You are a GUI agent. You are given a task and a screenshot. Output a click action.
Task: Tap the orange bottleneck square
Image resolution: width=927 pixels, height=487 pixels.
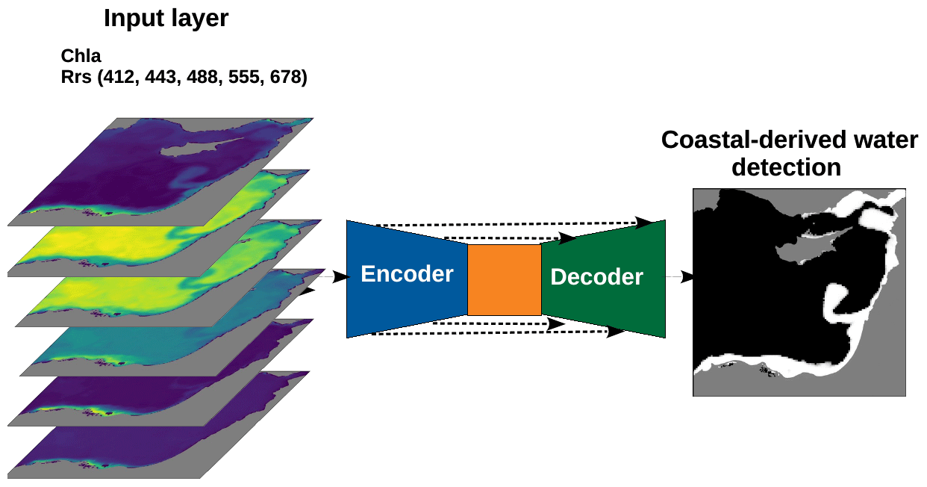(x=505, y=279)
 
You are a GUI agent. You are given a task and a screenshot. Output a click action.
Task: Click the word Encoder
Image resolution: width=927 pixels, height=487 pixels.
(x=407, y=274)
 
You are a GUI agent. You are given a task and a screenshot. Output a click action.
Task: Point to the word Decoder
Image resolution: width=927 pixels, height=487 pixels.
(x=596, y=277)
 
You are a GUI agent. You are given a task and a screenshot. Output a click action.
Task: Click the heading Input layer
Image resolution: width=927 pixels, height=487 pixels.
(x=166, y=18)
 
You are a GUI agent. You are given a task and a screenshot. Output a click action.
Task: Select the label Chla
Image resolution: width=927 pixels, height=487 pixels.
(x=81, y=56)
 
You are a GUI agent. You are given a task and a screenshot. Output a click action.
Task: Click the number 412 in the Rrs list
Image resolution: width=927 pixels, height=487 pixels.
(x=122, y=77)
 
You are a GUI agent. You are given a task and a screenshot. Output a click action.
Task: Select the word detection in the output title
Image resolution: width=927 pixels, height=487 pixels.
(x=786, y=167)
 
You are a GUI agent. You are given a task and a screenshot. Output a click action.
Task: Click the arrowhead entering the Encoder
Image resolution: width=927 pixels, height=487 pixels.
(x=341, y=277)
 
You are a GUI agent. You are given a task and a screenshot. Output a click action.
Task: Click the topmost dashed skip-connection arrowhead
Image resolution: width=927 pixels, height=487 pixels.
(x=643, y=222)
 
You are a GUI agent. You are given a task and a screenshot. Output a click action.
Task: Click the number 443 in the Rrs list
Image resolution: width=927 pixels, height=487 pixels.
(x=162, y=77)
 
